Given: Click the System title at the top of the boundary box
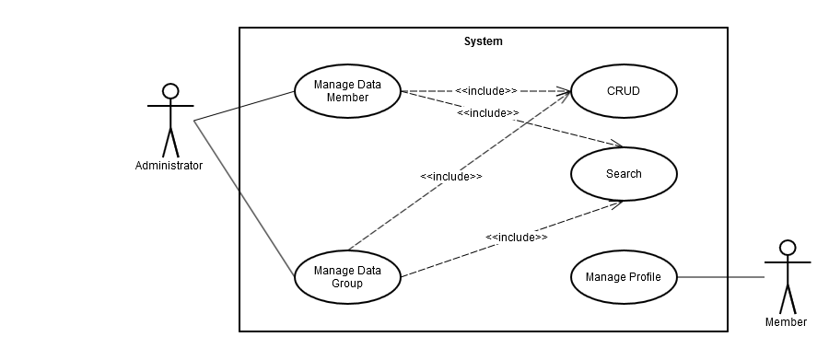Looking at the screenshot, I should pyautogui.click(x=483, y=41).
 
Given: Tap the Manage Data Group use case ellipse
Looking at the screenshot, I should pyautogui.click(x=347, y=276).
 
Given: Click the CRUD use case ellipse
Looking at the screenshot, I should pyautogui.click(x=624, y=91).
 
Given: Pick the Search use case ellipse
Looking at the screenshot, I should pyautogui.click(x=624, y=174).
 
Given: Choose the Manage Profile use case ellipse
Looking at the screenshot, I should pyautogui.click(x=624, y=276).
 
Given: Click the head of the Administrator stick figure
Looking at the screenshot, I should pyautogui.click(x=169, y=90).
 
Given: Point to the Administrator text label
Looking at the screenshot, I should pyautogui.click(x=169, y=166).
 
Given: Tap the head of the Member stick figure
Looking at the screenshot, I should pyautogui.click(x=787, y=247).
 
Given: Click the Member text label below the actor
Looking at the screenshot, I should pyautogui.click(x=786, y=322).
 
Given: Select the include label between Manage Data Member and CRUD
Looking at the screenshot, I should pyautogui.click(x=485, y=91).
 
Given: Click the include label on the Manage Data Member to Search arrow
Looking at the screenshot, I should pyautogui.click(x=487, y=112).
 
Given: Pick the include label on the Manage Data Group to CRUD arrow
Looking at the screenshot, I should pyautogui.click(x=450, y=176).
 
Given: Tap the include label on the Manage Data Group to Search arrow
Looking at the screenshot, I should pyautogui.click(x=516, y=237).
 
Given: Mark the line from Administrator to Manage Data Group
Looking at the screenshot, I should pyautogui.click(x=244, y=198).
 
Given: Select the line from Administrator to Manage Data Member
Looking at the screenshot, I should pyautogui.click(x=244, y=106).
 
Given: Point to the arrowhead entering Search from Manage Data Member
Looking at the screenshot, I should pyautogui.click(x=618, y=145).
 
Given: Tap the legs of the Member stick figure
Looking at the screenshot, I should pyautogui.click(x=787, y=298).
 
